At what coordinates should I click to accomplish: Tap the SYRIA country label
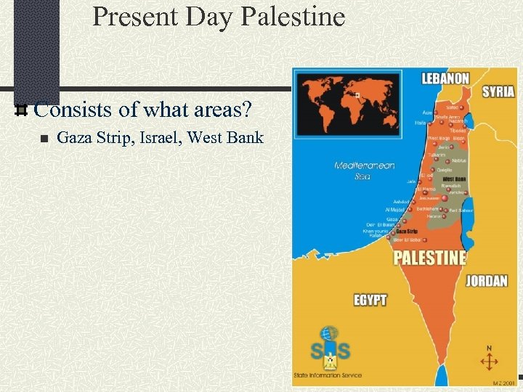(x=498, y=91)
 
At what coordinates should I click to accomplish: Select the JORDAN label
(x=486, y=281)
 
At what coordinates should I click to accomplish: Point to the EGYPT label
(x=370, y=299)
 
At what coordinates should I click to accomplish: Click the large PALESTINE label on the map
(x=429, y=258)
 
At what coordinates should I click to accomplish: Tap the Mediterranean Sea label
(x=364, y=171)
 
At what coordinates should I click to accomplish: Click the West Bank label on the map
(x=454, y=179)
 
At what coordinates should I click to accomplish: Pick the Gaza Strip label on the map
(x=406, y=232)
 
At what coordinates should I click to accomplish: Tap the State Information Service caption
(x=327, y=375)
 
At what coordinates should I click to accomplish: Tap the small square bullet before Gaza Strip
(x=44, y=139)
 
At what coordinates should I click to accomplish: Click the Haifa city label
(x=420, y=123)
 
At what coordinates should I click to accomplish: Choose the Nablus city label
(x=458, y=160)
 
